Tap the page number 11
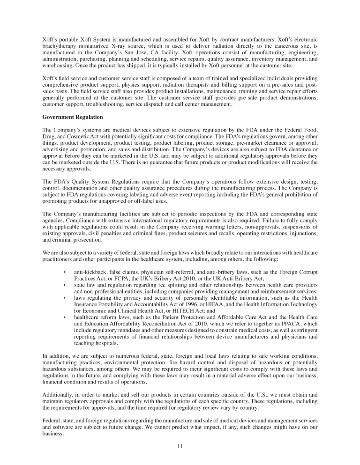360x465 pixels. pos(180,445)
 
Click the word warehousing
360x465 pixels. pos(58,67)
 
